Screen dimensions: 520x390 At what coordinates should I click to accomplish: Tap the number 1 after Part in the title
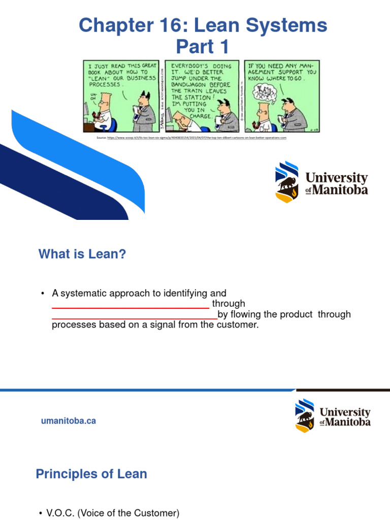pos(223,47)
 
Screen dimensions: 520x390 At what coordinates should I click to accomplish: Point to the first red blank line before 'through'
pos(131,308)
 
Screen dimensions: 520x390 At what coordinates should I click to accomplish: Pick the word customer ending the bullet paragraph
pos(237,325)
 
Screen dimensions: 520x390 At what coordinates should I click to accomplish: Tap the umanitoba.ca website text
pos(68,421)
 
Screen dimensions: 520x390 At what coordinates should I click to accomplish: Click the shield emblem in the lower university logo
pos(305,415)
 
